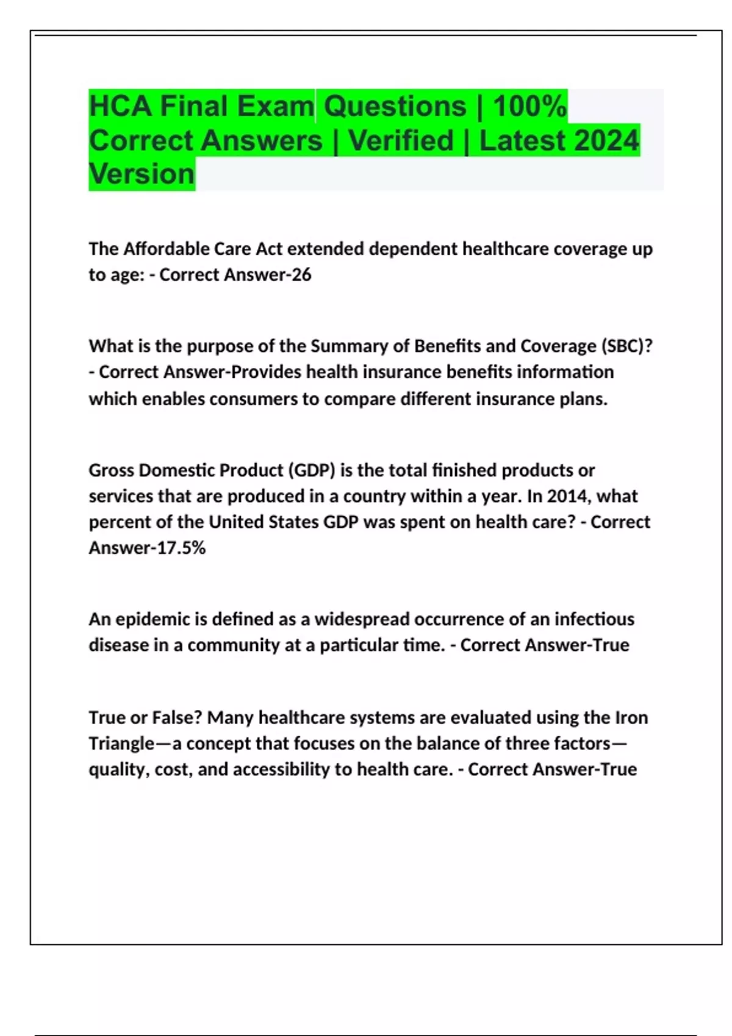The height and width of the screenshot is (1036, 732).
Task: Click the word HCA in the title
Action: coord(120,106)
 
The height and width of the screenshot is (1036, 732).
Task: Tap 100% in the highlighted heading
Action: coord(529,106)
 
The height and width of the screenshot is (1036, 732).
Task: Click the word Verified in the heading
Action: coord(401,140)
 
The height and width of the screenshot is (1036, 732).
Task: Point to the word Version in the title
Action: coord(142,174)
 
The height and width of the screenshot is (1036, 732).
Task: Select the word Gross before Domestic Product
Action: coord(112,470)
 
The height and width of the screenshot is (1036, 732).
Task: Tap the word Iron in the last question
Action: coord(631,718)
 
